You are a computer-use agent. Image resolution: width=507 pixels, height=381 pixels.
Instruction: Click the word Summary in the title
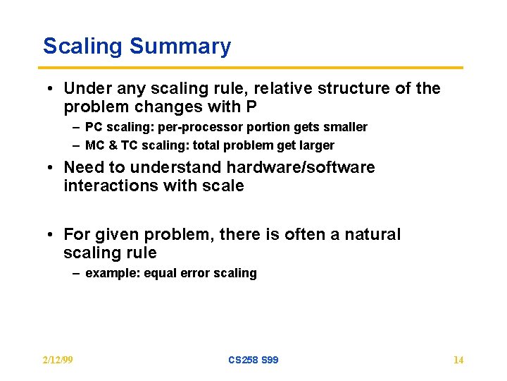180,47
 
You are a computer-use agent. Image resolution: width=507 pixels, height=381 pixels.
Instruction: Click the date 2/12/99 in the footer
58,360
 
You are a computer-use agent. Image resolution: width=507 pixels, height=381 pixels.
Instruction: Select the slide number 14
458,360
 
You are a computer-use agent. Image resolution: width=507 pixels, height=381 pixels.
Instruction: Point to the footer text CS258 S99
254,360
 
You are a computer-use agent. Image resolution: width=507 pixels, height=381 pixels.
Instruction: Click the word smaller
345,127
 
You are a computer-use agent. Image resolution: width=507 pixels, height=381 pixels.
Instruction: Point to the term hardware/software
300,168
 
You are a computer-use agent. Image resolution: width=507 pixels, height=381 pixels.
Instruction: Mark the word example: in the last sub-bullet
113,273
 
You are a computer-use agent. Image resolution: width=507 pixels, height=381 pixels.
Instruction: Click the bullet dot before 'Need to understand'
54,168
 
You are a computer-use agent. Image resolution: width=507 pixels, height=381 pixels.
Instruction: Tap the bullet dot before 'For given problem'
54,234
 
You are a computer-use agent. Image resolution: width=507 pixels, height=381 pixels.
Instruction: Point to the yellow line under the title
254,68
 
